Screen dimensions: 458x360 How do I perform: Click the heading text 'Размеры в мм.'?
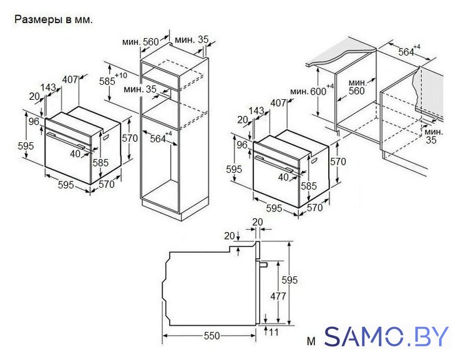(54, 19)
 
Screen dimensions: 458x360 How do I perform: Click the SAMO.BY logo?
(386, 336)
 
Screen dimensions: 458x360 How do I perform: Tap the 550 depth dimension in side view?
(212, 336)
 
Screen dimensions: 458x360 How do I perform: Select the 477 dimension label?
(278, 296)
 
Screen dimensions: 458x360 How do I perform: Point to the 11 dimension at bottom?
(273, 332)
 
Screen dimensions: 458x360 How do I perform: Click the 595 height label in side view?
(289, 280)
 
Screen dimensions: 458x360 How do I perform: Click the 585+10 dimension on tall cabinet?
(113, 80)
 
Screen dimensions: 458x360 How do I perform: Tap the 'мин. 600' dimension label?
(311, 90)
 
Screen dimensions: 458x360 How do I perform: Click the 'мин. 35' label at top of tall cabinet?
(192, 39)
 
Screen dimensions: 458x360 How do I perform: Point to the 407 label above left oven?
(71, 79)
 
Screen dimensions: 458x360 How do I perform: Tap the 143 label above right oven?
(256, 110)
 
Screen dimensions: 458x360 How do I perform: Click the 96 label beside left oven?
(34, 122)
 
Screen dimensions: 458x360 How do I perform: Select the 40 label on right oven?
(283, 177)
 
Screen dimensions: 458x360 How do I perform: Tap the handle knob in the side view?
(263, 265)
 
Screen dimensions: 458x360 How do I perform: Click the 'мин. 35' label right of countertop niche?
(433, 136)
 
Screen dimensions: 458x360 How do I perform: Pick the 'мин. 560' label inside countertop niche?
(357, 87)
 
